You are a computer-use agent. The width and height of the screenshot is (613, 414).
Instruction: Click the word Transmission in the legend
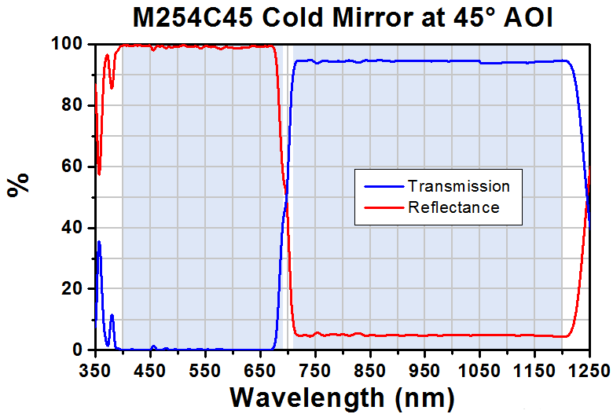(459, 186)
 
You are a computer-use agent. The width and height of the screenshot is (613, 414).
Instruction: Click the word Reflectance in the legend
(453, 207)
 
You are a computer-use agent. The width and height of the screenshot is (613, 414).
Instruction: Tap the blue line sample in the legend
(384, 187)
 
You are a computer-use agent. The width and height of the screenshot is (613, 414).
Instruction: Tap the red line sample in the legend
(384, 207)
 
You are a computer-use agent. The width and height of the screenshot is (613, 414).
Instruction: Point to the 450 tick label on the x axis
(150, 370)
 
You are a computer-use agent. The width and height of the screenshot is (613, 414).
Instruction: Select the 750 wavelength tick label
(315, 370)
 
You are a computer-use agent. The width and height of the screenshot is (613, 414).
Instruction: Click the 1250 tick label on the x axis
(590, 370)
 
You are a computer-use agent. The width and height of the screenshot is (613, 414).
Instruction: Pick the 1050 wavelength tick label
(479, 370)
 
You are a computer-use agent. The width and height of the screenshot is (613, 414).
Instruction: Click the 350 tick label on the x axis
(95, 370)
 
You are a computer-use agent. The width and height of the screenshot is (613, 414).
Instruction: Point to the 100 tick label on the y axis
(67, 44)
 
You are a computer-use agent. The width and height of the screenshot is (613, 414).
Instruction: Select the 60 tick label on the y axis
(72, 167)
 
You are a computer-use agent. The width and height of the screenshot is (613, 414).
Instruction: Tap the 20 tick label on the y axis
(72, 289)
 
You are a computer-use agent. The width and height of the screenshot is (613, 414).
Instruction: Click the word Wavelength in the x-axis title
(307, 398)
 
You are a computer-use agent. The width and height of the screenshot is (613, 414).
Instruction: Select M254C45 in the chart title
(193, 18)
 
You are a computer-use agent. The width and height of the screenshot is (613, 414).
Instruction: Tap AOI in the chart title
(529, 18)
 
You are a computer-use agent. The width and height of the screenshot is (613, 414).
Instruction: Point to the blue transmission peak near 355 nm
(99, 242)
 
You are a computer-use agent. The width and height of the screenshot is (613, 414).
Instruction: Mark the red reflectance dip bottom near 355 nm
(99, 174)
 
